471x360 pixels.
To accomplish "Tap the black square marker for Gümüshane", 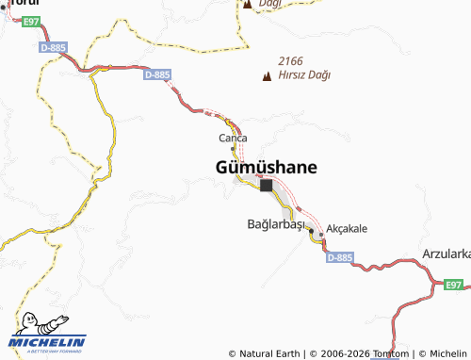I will coord(266,186).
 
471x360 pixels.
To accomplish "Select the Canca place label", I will coord(233,139).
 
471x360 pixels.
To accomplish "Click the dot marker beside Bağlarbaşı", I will coord(311,229).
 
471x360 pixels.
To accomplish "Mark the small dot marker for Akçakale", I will coord(321,234).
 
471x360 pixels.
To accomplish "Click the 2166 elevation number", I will coord(292,60).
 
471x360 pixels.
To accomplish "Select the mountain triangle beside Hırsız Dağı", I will coord(267,75).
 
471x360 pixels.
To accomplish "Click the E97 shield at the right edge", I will coord(454,285).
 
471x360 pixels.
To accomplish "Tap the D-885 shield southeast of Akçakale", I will coord(340,256).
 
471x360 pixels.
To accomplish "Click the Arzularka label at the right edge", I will coord(447,254).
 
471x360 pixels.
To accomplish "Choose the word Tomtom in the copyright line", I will coord(389,353).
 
